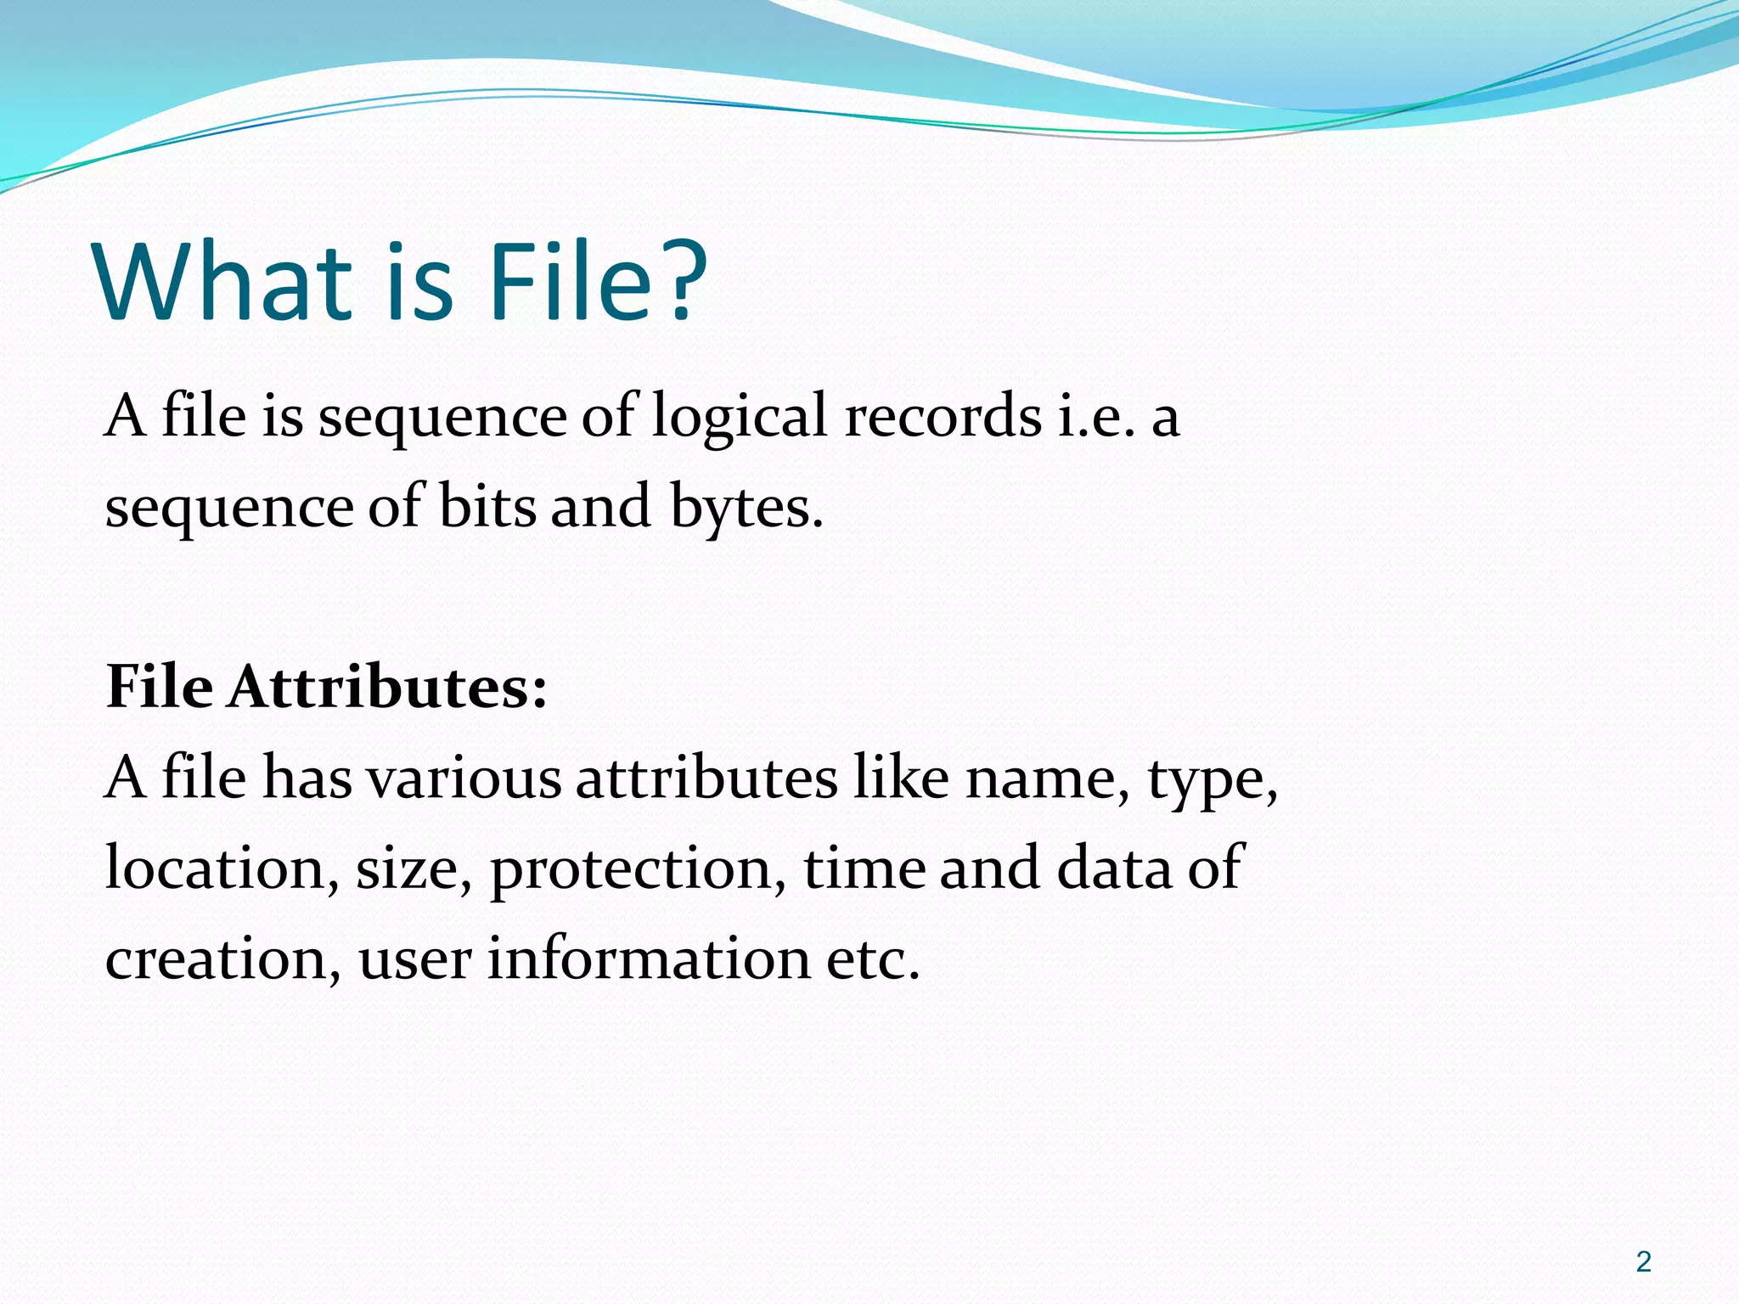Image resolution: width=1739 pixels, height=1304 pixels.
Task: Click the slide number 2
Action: (x=1643, y=1262)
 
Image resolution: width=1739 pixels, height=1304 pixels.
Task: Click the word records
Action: (x=943, y=418)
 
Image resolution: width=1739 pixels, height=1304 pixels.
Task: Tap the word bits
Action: (x=487, y=508)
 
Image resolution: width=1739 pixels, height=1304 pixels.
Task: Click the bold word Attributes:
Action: (x=387, y=687)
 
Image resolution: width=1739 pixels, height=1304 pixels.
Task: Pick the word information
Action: (x=649, y=959)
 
